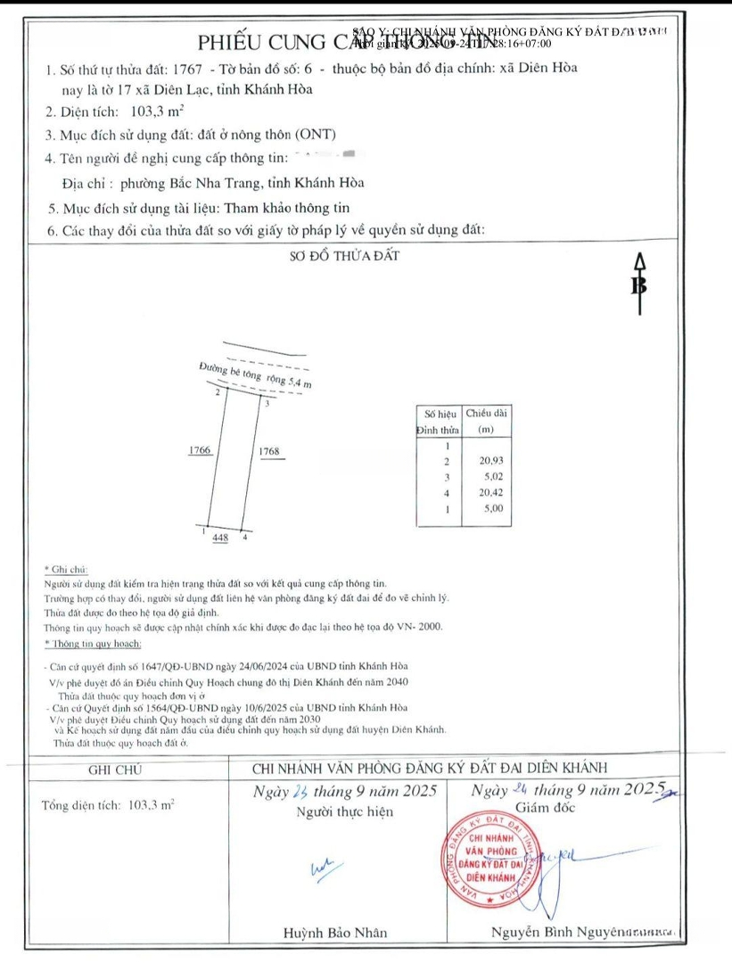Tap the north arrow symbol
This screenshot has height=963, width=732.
click(638, 284)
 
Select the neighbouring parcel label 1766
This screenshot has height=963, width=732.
click(200, 451)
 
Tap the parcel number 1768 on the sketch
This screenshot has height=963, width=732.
click(268, 451)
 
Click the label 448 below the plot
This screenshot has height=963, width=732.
click(220, 538)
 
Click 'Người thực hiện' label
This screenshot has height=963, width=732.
click(344, 811)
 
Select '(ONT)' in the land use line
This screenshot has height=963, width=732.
click(317, 136)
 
